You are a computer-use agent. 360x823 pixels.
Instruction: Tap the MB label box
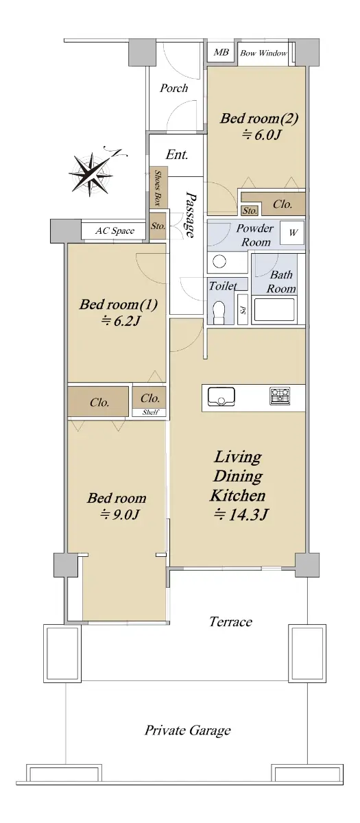[221, 52]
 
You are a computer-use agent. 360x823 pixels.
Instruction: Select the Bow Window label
[263, 53]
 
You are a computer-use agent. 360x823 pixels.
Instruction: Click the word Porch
[173, 88]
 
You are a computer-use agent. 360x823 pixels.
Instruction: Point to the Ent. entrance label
[177, 154]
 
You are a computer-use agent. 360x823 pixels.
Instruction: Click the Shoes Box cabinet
[158, 187]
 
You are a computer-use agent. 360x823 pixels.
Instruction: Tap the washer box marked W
[292, 232]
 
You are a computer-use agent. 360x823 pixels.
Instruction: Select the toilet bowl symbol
[219, 312]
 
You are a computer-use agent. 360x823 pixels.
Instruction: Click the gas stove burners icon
[280, 396]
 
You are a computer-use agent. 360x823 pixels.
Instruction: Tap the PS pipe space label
[243, 310]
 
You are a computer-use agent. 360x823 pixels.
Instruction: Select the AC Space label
[115, 230]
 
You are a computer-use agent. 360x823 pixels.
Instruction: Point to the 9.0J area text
[120, 515]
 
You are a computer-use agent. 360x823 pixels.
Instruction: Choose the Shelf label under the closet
[150, 412]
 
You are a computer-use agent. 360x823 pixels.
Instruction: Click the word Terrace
[230, 621]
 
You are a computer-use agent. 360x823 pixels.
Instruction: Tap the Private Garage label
[187, 730]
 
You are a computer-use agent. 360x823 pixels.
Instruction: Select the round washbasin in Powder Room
[219, 261]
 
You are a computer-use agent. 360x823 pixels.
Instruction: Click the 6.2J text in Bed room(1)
[121, 322]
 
